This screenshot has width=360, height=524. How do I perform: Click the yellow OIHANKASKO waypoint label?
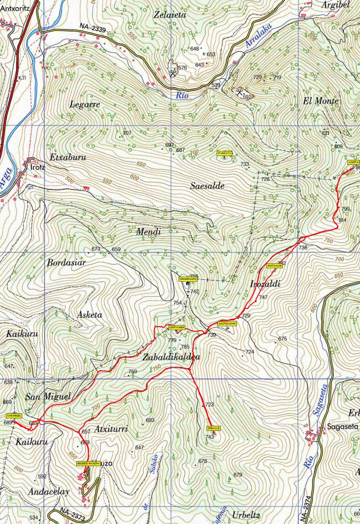tap(189, 278)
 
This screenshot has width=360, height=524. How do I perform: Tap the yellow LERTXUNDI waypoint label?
tap(177, 327)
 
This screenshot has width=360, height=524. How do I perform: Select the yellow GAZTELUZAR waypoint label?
tap(227, 324)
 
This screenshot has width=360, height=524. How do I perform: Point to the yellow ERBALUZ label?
tap(214, 428)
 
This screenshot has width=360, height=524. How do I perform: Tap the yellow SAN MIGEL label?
tap(14, 416)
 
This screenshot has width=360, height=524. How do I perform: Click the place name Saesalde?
tap(207, 186)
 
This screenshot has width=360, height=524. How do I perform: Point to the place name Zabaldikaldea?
tap(171, 357)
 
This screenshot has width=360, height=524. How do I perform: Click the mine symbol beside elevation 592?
tap(239, 92)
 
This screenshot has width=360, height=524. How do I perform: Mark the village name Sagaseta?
tap(343, 427)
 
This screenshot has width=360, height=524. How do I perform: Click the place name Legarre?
tap(85, 104)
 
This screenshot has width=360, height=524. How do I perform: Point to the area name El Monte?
tap(321, 101)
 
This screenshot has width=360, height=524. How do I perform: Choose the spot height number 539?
tap(216, 85)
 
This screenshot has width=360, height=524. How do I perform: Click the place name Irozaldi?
tap(265, 284)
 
